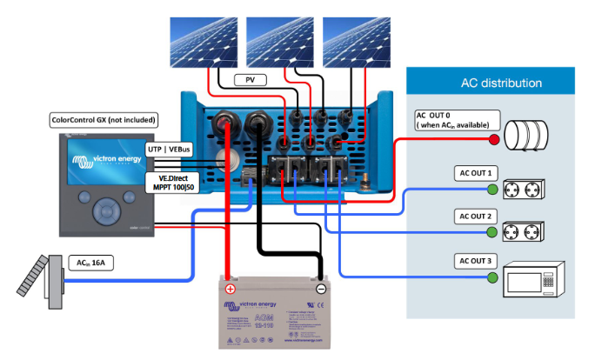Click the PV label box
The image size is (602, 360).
pyautogui.click(x=249, y=81)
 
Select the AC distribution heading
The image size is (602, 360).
pyautogui.click(x=501, y=83)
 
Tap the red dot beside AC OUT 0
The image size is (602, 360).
pyautogui.click(x=493, y=140)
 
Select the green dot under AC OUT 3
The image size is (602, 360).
pyautogui.click(x=493, y=277)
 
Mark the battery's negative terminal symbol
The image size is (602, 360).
pyautogui.click(x=321, y=289)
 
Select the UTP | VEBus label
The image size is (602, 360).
pyautogui.click(x=170, y=150)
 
